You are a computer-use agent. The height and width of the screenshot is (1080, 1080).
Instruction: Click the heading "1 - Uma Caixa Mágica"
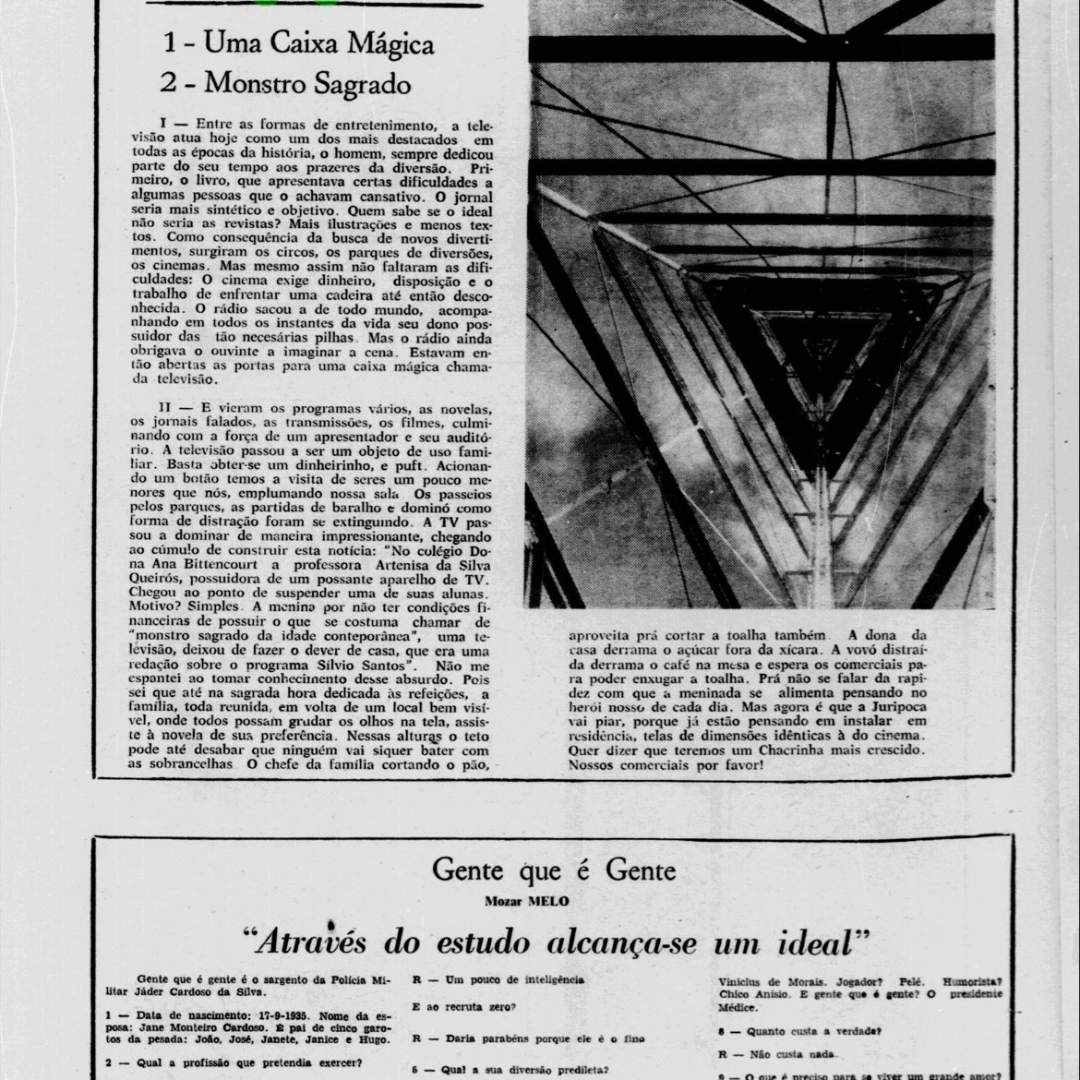298,43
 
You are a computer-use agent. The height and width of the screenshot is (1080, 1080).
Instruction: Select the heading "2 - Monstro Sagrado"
285,83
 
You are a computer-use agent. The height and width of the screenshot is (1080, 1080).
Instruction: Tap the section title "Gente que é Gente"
554,870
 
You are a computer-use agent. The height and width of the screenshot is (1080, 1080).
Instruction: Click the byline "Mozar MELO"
527,901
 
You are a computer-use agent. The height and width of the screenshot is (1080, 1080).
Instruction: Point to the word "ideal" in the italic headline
810,942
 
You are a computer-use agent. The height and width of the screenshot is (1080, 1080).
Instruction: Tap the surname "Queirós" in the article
153,578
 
